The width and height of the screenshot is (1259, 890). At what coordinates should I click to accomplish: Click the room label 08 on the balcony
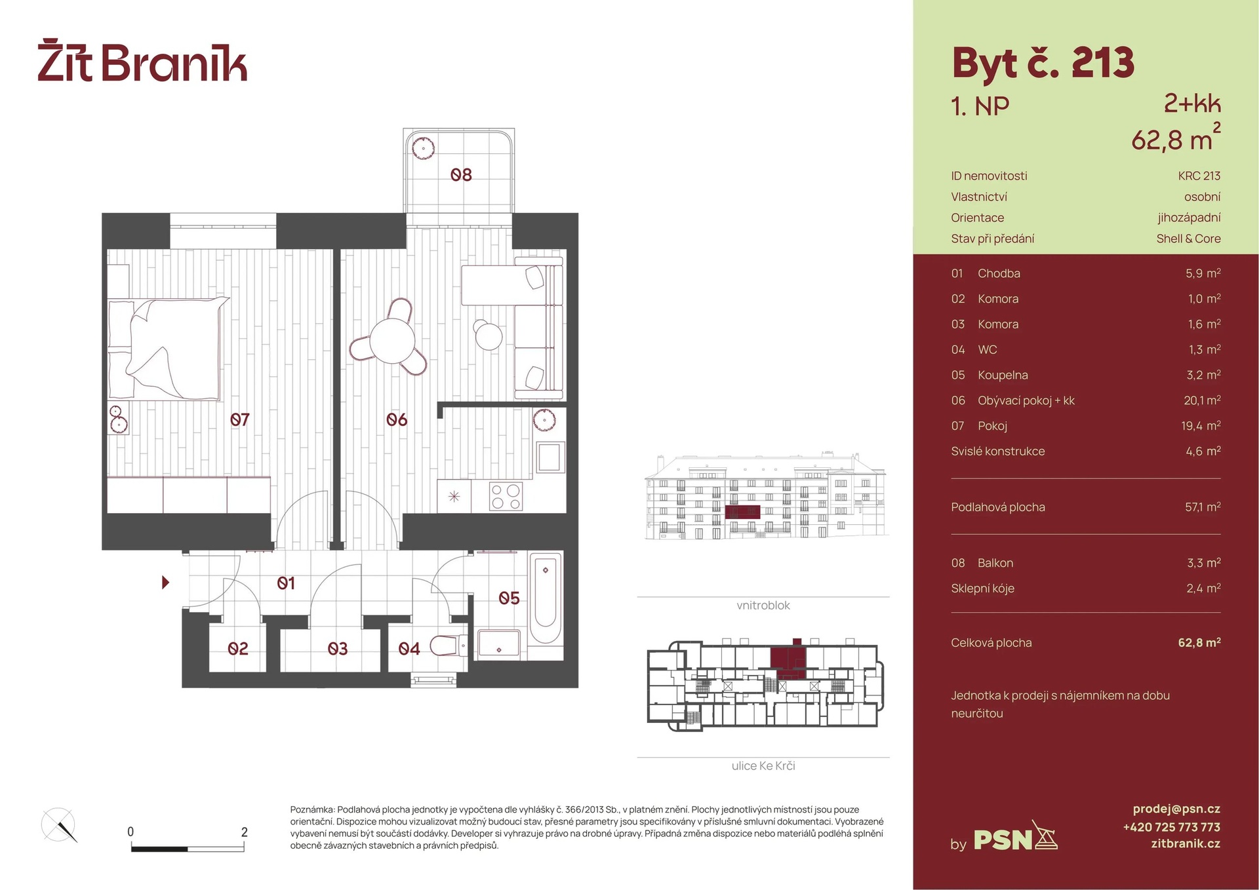(x=461, y=175)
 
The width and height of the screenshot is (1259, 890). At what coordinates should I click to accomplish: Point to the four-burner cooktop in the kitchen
(x=506, y=497)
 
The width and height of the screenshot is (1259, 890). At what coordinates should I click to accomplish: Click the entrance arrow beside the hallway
(x=165, y=582)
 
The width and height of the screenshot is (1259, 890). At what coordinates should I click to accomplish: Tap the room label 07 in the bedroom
(x=239, y=419)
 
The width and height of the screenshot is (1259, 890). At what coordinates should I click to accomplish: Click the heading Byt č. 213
(x=1043, y=64)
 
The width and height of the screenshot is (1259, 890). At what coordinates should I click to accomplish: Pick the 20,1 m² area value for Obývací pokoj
(x=1202, y=400)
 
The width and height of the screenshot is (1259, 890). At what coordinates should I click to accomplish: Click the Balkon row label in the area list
(x=995, y=563)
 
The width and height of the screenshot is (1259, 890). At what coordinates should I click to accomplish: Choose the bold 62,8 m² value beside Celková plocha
(x=1199, y=643)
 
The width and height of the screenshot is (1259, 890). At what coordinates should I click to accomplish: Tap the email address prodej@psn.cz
(x=1176, y=809)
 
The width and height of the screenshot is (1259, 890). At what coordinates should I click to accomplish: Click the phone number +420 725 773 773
(x=1171, y=827)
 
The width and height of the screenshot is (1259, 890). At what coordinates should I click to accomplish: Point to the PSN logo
(x=1014, y=839)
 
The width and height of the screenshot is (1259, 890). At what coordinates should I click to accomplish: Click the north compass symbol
(x=59, y=825)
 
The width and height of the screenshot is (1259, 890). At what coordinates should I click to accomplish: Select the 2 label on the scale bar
(x=245, y=832)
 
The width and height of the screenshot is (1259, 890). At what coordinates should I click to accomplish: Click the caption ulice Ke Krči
(x=763, y=765)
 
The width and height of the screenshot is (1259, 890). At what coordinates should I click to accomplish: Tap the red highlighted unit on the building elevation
(x=742, y=512)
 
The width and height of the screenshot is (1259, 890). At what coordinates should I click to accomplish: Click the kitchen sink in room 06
(x=550, y=457)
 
